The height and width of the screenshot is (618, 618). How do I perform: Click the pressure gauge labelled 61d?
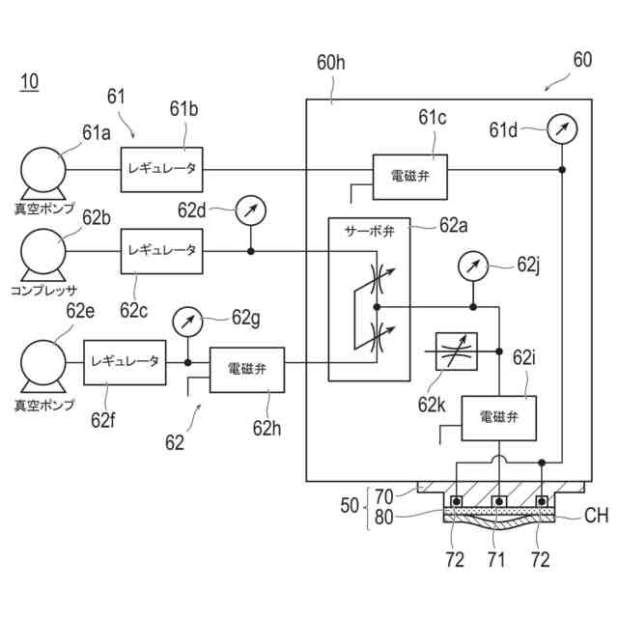[x=562, y=129]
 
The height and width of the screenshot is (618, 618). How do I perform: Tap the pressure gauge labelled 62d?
[x=251, y=211]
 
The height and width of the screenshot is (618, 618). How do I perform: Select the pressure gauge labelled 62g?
[x=187, y=322]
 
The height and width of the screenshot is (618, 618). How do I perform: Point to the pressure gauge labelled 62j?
[x=473, y=267]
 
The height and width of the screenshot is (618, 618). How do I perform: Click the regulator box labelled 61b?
[x=161, y=170]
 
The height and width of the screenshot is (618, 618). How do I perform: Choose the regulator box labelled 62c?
[x=161, y=251]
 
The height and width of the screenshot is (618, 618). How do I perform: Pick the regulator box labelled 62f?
[x=125, y=363]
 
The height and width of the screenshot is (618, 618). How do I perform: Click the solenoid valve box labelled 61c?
[x=409, y=177]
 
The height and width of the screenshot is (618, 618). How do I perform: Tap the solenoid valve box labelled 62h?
[x=247, y=370]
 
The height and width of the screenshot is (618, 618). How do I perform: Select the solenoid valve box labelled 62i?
[x=498, y=418]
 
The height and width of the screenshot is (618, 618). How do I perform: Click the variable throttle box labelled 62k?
[x=457, y=351]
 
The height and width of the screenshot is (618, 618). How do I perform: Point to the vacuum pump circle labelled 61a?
[x=43, y=170]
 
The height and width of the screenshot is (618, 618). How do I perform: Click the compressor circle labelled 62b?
[x=43, y=251]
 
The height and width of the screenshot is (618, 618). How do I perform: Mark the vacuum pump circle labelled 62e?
[x=43, y=363]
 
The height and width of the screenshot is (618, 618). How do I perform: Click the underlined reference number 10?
[x=29, y=82]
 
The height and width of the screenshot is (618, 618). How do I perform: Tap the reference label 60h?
[x=331, y=62]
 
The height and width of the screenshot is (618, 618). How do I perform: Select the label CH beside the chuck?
[x=596, y=516]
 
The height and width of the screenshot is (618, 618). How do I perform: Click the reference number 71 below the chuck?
[x=495, y=559]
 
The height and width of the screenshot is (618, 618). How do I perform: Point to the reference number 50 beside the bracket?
[x=350, y=506]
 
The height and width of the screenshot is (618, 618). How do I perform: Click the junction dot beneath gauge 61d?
[x=562, y=170]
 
